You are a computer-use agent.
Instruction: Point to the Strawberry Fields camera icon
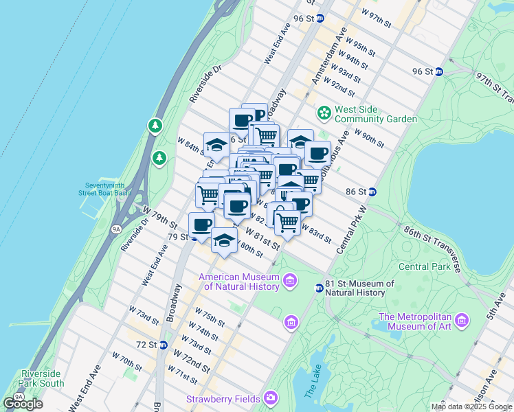pyautogui.click(x=271, y=398)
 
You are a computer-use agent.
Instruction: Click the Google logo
pyautogui.click(x=23, y=404)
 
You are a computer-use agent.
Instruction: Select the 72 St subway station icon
pyautogui.click(x=164, y=345)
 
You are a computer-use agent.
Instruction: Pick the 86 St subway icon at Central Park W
pyautogui.click(x=372, y=192)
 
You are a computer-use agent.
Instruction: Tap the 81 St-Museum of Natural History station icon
pyautogui.click(x=319, y=288)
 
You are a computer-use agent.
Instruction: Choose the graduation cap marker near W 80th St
pyautogui.click(x=224, y=240)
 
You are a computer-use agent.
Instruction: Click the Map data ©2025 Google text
pyautogui.click(x=471, y=407)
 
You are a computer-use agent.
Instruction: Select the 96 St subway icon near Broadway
pyautogui.click(x=320, y=19)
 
